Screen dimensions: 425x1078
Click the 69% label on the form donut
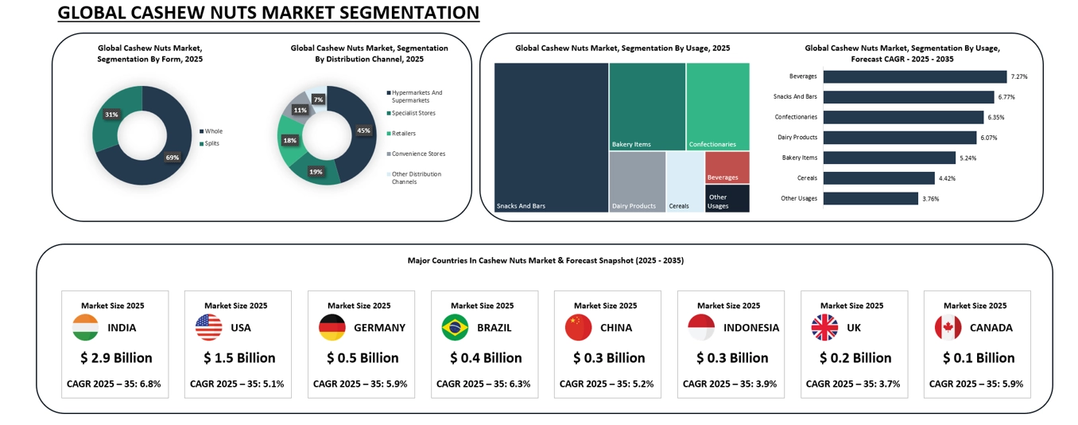tap(172, 158)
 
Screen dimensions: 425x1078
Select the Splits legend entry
tap(211, 143)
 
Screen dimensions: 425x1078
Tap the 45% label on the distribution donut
tap(363, 131)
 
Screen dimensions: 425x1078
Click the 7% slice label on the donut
tap(318, 99)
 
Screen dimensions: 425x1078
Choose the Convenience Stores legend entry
tap(418, 154)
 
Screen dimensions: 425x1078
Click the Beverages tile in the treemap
tap(727, 167)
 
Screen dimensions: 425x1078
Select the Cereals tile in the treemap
tap(684, 182)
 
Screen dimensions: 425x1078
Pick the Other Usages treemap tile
tap(727, 199)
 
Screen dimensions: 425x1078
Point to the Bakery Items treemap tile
tap(647, 107)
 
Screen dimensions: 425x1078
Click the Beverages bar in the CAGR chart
tap(914, 76)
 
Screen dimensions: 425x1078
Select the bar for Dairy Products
tap(899, 138)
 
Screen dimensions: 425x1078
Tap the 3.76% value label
tap(930, 199)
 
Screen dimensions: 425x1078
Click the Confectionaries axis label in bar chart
tap(795, 117)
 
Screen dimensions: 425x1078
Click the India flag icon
tap(85, 327)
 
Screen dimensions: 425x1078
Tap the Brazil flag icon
tap(455, 327)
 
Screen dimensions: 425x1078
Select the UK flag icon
tap(824, 327)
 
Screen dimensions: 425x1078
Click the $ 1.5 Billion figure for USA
tap(239, 358)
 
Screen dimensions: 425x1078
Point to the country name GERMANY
tap(379, 328)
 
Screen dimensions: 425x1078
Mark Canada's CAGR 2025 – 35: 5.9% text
tap(975, 384)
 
